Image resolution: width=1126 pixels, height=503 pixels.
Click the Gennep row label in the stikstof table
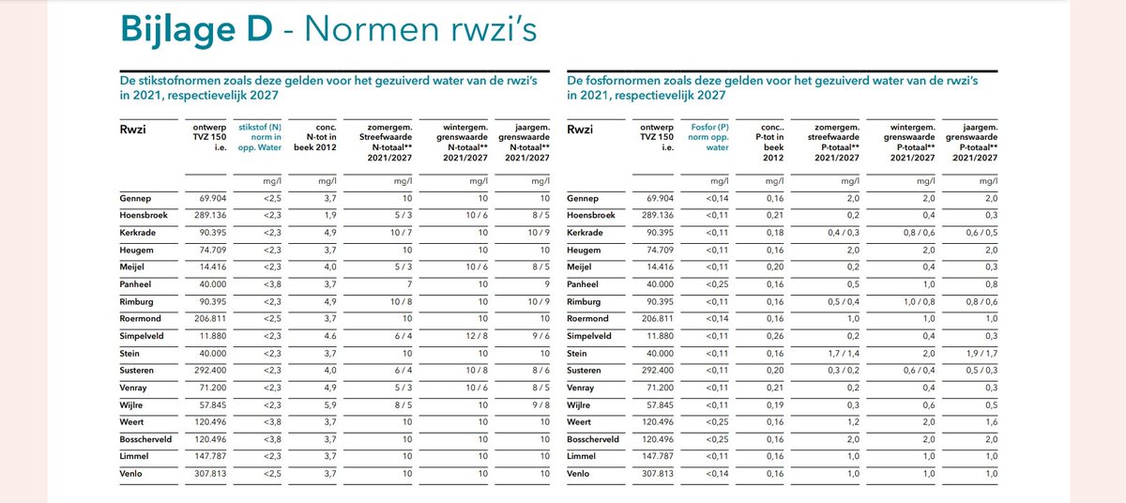(x=136, y=199)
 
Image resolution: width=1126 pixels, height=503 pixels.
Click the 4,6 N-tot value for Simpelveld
(x=328, y=335)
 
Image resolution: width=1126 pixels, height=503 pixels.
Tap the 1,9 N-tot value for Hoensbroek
(x=328, y=216)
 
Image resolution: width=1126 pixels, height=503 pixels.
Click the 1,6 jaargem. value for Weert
(x=989, y=421)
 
